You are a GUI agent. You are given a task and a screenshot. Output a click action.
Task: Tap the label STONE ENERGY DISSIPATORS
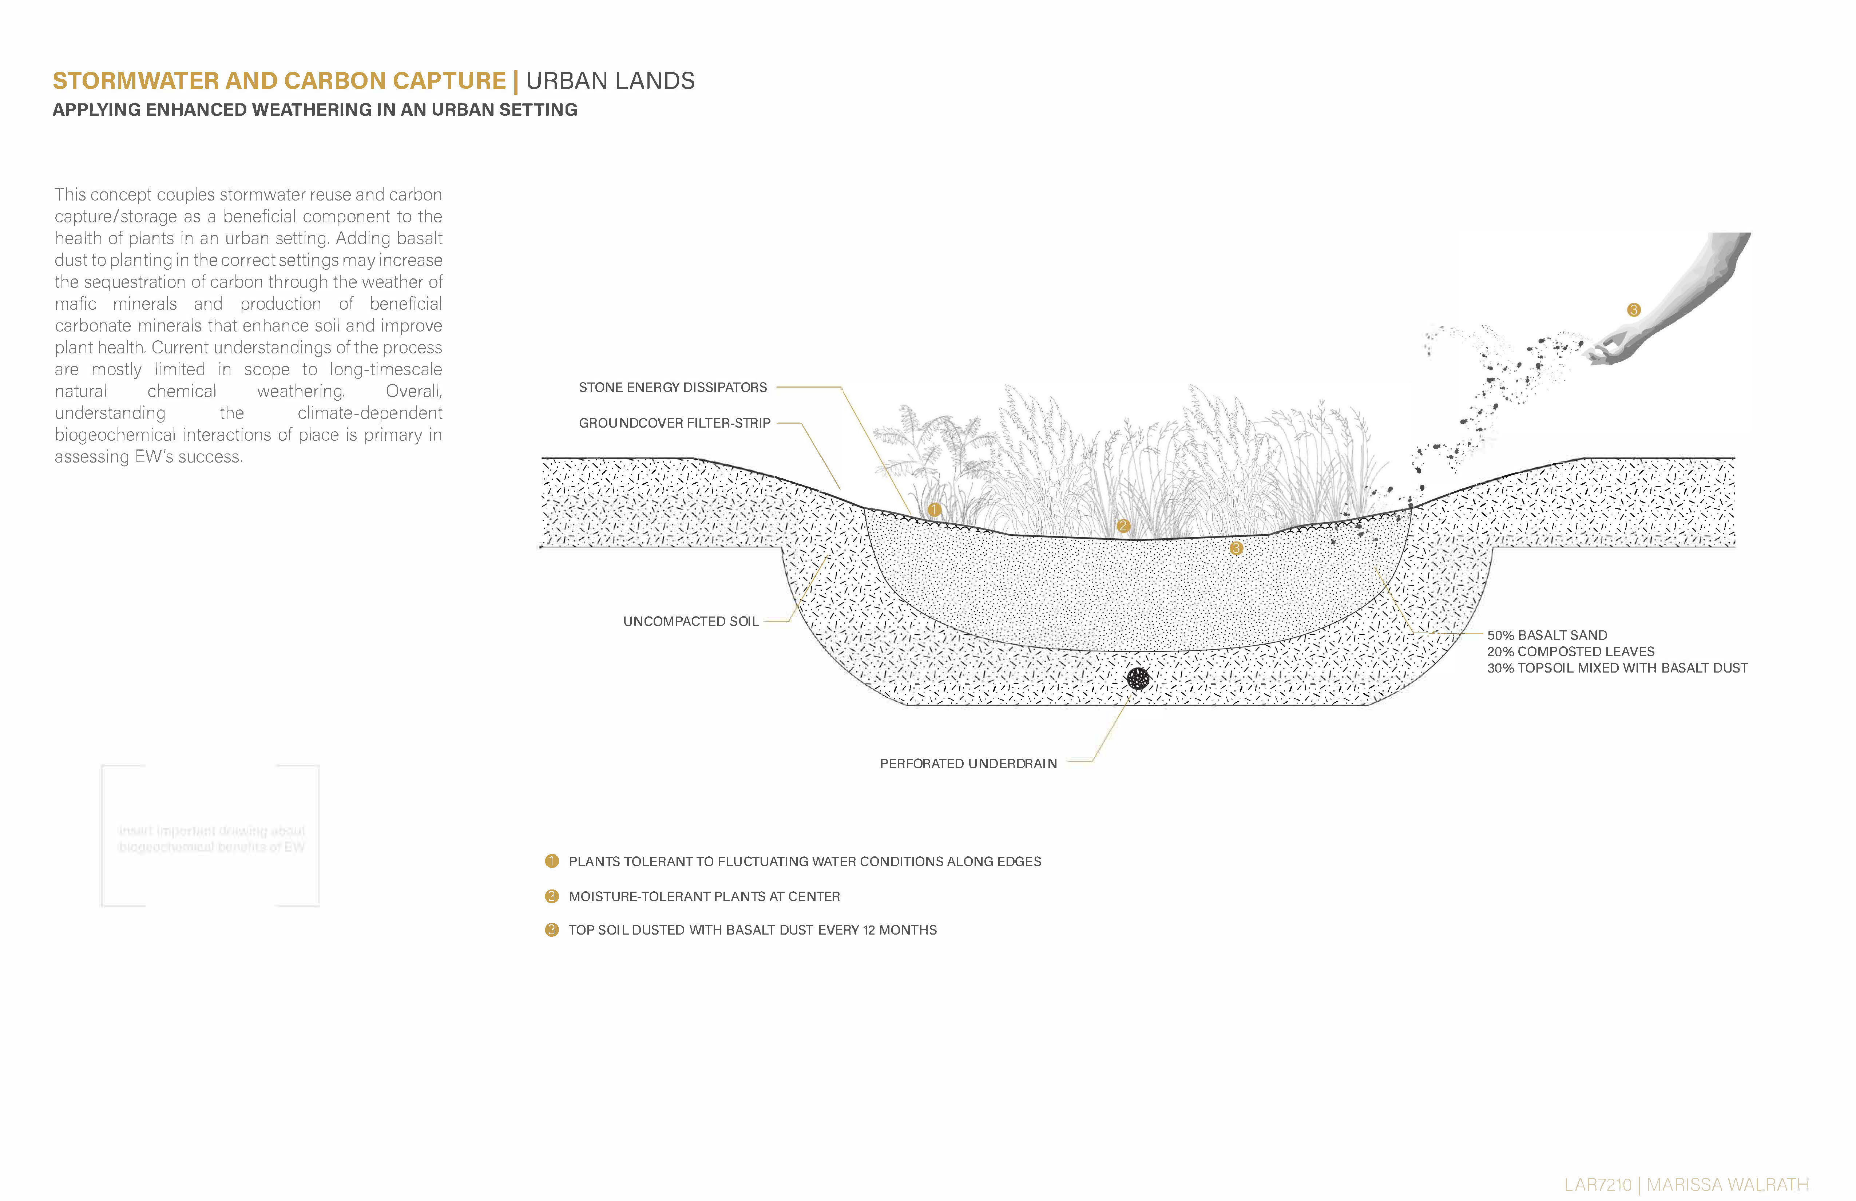[672, 388]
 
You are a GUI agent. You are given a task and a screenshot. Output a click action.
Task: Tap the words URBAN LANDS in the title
[610, 81]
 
